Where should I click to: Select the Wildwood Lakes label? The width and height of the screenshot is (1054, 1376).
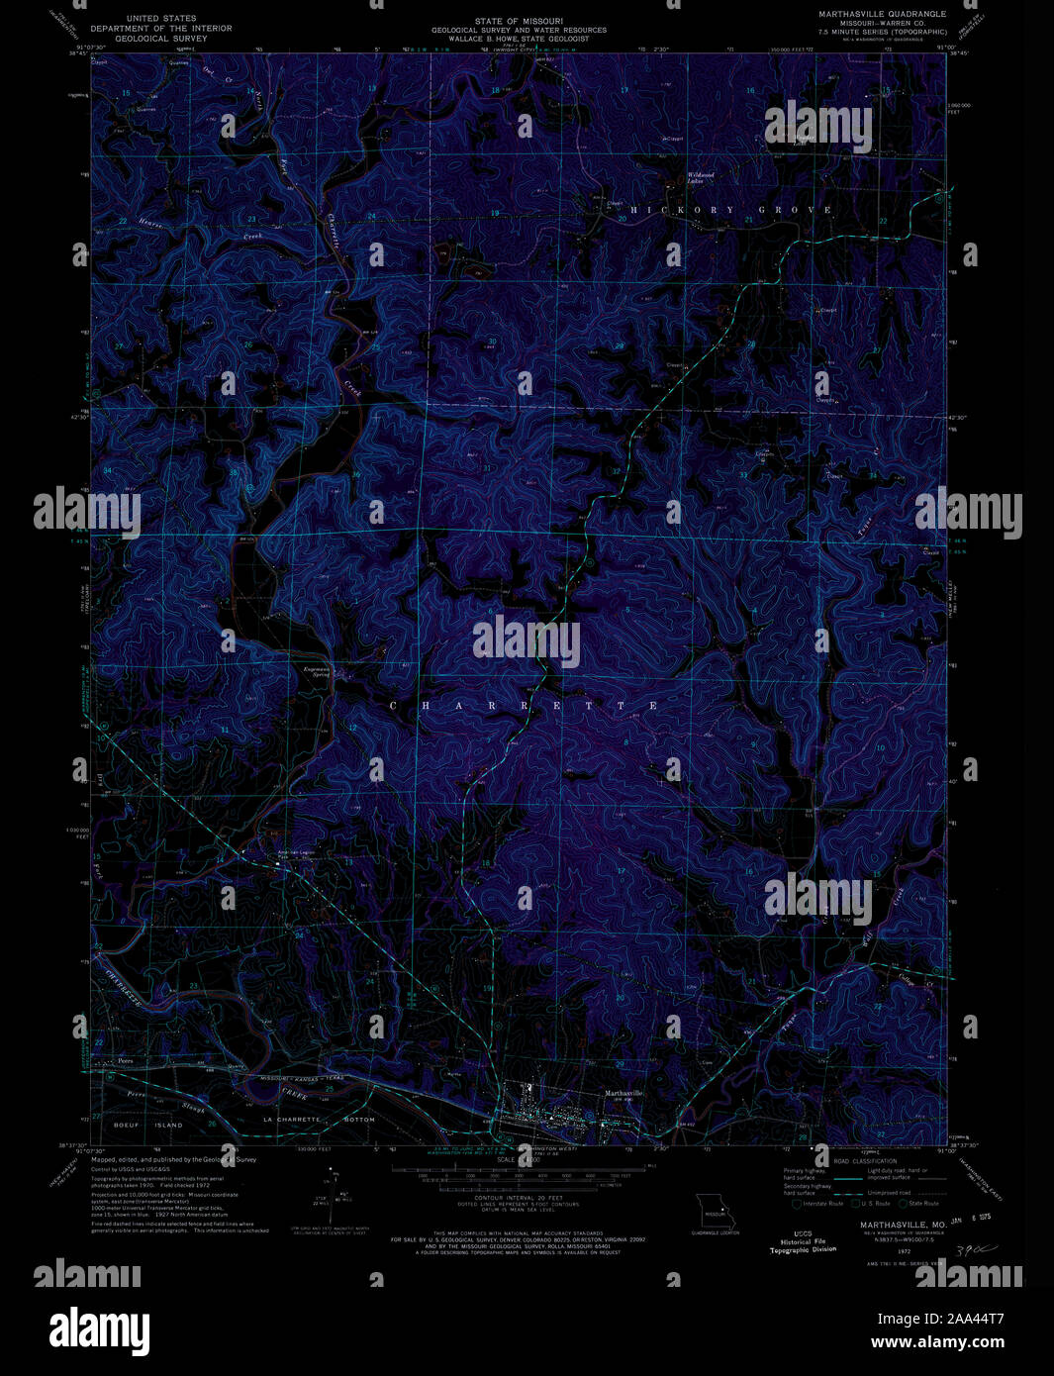click(x=701, y=178)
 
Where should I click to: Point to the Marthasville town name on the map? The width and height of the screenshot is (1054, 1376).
click(x=623, y=1092)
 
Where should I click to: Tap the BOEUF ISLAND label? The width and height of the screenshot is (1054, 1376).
click(x=148, y=1127)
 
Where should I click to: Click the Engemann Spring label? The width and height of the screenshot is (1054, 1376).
click(x=321, y=672)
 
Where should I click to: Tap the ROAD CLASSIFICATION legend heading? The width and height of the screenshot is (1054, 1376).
click(x=864, y=1161)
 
